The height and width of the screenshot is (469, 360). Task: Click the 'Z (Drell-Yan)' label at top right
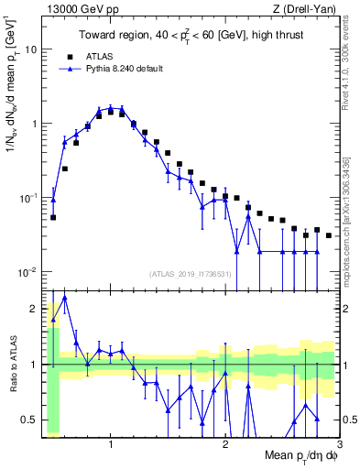pos(308,10)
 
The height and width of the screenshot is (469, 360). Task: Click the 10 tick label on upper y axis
pos(30,49)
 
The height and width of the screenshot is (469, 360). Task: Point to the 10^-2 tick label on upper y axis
pos(28,272)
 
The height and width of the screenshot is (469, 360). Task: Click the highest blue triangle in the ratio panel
pos(64,298)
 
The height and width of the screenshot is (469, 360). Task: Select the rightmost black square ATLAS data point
pos(329,235)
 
